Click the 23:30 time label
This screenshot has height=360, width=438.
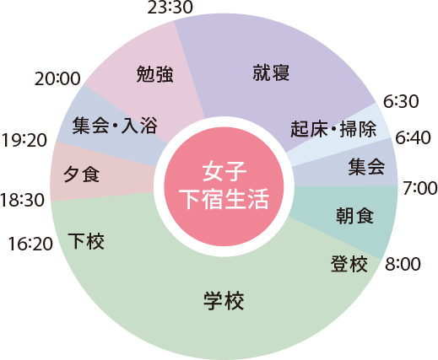pyautogui.click(x=170, y=7)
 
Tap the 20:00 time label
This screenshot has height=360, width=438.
pyautogui.click(x=57, y=78)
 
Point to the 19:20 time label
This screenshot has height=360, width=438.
pyautogui.click(x=24, y=140)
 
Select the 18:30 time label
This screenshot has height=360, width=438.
pyautogui.click(x=22, y=200)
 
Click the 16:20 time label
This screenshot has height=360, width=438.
pyautogui.click(x=30, y=244)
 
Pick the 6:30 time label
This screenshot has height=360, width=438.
pyautogui.click(x=401, y=101)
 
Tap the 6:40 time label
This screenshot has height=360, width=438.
pyautogui.click(x=413, y=137)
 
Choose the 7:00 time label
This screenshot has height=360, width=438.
pyautogui.click(x=420, y=188)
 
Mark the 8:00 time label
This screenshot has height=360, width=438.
pyautogui.click(x=403, y=264)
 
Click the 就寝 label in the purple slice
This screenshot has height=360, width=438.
pyautogui.click(x=271, y=73)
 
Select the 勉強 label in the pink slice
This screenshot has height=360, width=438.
pyautogui.click(x=154, y=74)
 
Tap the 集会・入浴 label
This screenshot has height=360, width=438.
pyautogui.click(x=115, y=126)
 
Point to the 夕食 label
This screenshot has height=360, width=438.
pyautogui.click(x=81, y=174)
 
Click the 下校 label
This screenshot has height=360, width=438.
pyautogui.click(x=86, y=241)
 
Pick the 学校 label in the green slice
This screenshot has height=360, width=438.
pyautogui.click(x=224, y=301)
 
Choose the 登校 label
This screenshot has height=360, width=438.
pyautogui.click(x=349, y=264)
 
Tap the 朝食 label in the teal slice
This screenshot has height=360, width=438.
pyautogui.click(x=354, y=215)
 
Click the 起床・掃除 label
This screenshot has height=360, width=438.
pyautogui.click(x=333, y=129)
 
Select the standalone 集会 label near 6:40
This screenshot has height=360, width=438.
pyautogui.click(x=366, y=167)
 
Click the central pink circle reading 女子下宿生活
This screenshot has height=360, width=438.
pyautogui.click(x=224, y=186)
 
